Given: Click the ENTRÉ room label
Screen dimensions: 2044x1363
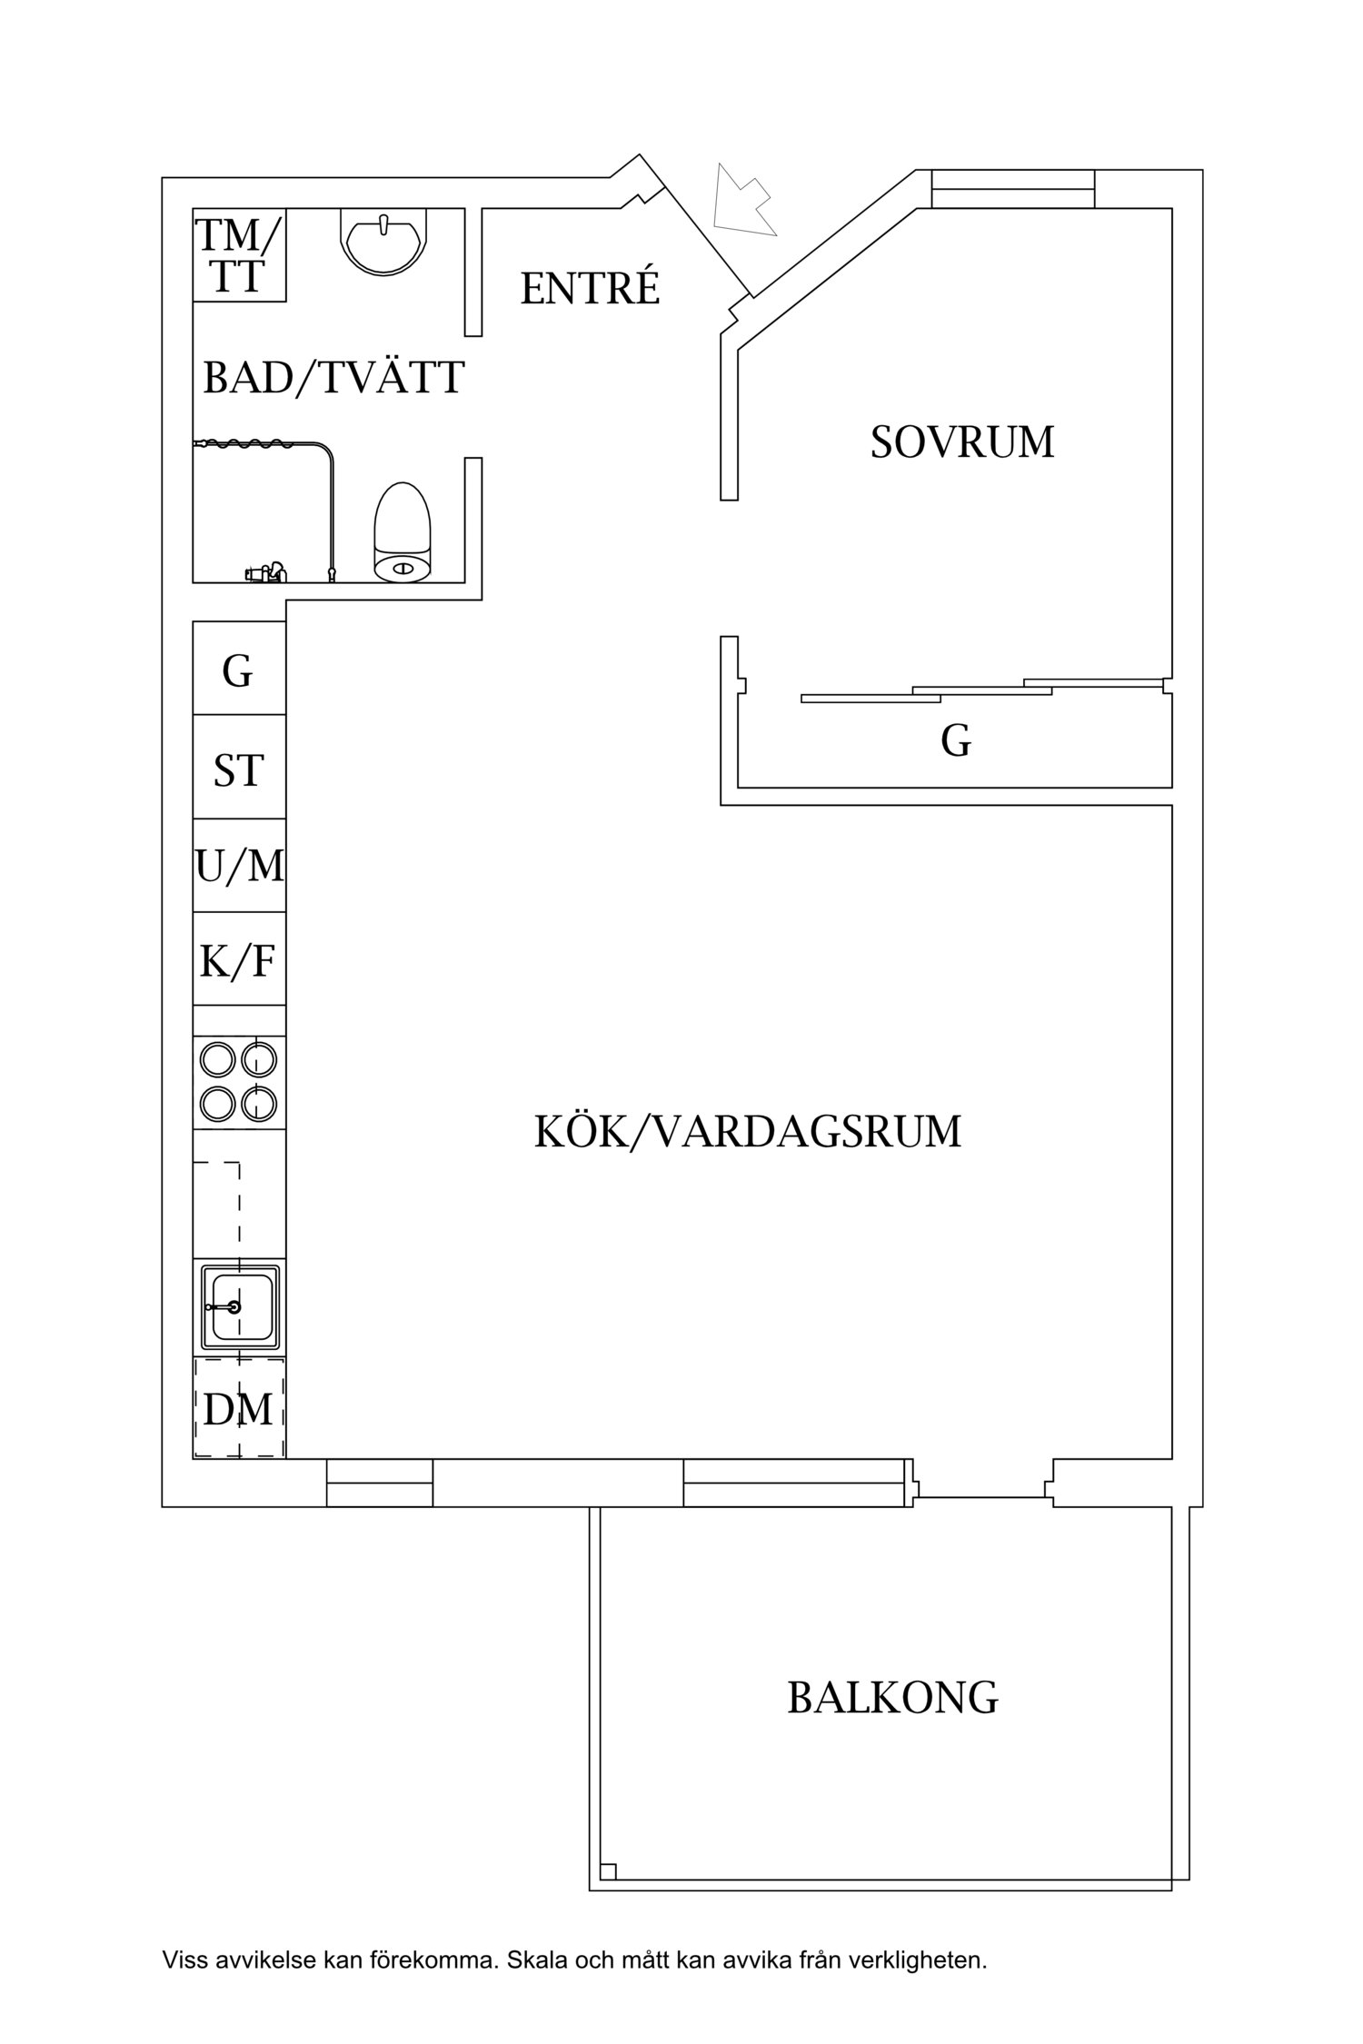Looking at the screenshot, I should pyautogui.click(x=590, y=288).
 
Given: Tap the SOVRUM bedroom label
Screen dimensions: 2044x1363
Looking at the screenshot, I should pyautogui.click(x=962, y=442).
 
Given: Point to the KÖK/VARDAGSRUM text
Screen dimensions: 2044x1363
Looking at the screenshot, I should pyautogui.click(x=747, y=1132).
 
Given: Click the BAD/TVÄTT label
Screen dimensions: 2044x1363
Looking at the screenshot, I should pyautogui.click(x=333, y=378).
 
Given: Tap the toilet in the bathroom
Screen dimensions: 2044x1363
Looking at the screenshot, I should pyautogui.click(x=402, y=532).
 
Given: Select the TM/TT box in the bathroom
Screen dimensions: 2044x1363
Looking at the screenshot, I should pyautogui.click(x=240, y=255).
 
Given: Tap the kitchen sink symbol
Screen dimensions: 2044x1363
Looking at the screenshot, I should pyautogui.click(x=239, y=1306).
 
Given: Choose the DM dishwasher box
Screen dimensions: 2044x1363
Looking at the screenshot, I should pyautogui.click(x=239, y=1409).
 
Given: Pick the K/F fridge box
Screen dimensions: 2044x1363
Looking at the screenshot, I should pyautogui.click(x=239, y=960).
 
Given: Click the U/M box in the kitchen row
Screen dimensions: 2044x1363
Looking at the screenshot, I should pyautogui.click(x=239, y=866).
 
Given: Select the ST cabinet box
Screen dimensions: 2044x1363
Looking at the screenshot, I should pyautogui.click(x=239, y=770).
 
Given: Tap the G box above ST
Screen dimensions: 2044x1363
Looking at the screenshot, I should pyautogui.click(x=239, y=672).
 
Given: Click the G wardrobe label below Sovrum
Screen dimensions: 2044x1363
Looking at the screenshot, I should pyautogui.click(x=955, y=741).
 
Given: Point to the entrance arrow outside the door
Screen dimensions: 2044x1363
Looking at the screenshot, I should pyautogui.click(x=743, y=202).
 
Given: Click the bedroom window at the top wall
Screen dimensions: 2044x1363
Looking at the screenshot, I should pyautogui.click(x=1013, y=189).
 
